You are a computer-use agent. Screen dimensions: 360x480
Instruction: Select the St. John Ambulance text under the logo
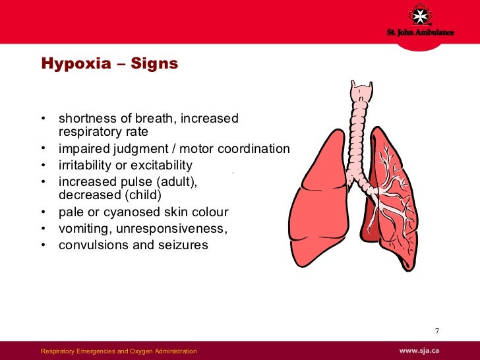419,33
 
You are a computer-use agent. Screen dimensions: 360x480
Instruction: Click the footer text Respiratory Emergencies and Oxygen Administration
119,350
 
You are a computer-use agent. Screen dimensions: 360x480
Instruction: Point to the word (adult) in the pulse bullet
177,181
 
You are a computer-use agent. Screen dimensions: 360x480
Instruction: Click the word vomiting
84,229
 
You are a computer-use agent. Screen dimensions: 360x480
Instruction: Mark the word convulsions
92,245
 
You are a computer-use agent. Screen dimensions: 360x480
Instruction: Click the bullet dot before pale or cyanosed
44,212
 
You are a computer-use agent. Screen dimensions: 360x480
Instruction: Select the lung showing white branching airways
389,198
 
